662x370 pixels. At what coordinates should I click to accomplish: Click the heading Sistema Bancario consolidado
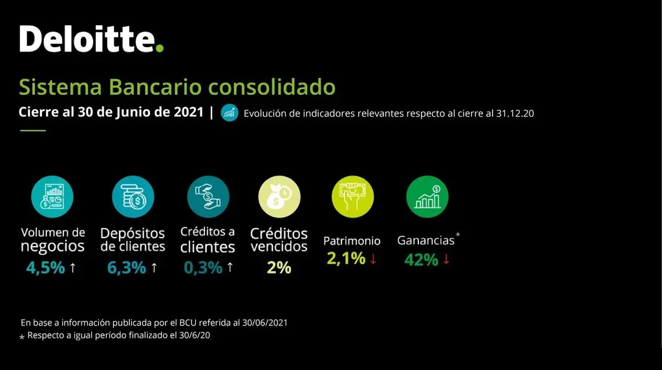pos(177,87)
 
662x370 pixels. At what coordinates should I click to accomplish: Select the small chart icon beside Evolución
pos(230,112)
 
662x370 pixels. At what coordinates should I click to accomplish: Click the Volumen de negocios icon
pos(52,196)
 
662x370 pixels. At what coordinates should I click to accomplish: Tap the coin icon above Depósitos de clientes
pos(133,196)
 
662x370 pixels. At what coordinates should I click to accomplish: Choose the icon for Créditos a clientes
pos(208,196)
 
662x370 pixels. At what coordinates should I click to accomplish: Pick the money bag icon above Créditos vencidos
pos(279,196)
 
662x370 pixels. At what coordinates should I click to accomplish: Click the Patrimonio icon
pos(352,196)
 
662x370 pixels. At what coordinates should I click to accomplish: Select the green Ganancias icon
pos(427,196)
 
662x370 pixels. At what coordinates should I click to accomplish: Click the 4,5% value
pos(45,267)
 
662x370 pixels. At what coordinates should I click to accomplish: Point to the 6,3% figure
pos(127,267)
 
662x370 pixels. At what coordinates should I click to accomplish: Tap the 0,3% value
pos(203,267)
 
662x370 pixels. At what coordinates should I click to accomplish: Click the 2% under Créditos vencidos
pos(279,267)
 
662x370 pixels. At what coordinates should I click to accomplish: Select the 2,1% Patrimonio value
pos(346,259)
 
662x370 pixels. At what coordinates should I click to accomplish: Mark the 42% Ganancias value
pos(421,260)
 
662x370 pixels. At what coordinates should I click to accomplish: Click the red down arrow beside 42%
pos(446,260)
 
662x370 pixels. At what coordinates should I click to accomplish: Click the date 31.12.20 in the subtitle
pos(515,114)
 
